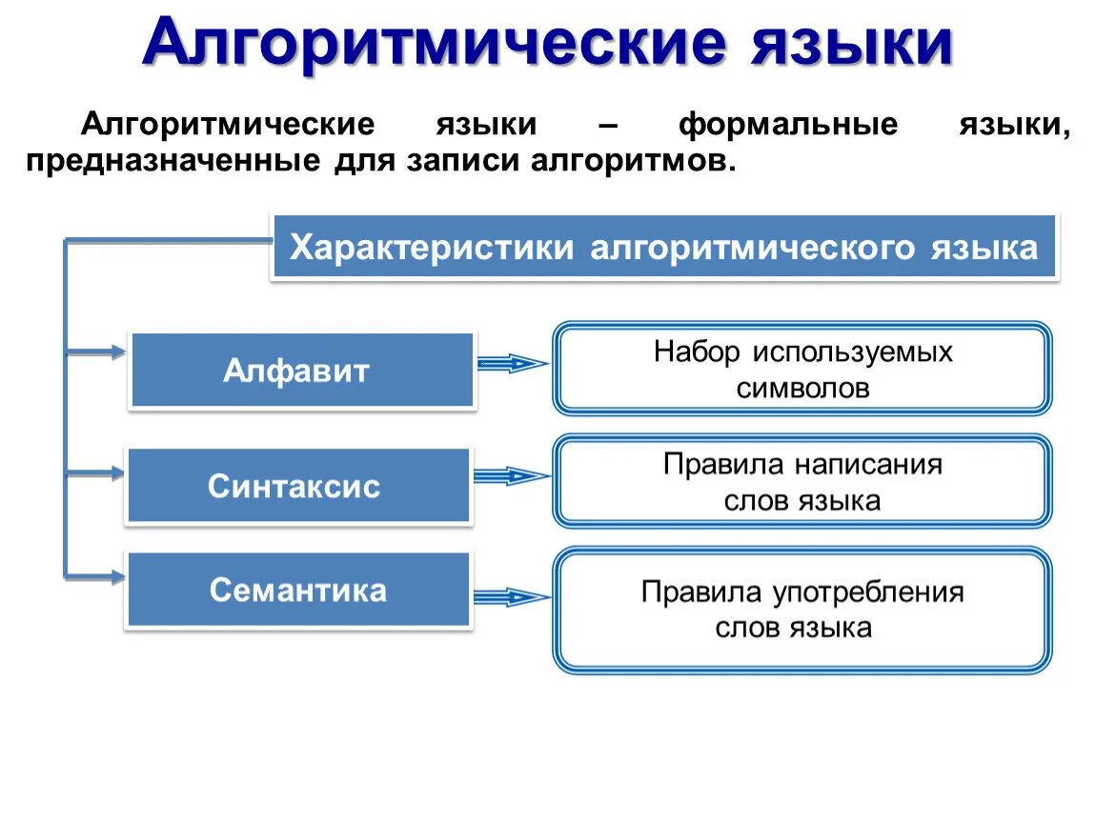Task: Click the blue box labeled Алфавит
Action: point(301,371)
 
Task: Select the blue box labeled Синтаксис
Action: point(298,486)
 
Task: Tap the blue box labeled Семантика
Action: point(298,591)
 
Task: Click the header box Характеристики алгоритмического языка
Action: point(663,248)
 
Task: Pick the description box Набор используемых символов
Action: point(802,369)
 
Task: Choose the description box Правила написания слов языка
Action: point(802,482)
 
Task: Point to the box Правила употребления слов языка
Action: point(802,610)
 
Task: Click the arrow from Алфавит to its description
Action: point(513,362)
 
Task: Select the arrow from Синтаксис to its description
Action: point(513,475)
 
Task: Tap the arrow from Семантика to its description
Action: point(513,597)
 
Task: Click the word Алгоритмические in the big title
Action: point(435,43)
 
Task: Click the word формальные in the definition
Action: point(788,125)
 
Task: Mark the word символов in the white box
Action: point(802,388)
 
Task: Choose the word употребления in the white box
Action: point(867,592)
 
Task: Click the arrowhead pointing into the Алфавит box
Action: point(118,352)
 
